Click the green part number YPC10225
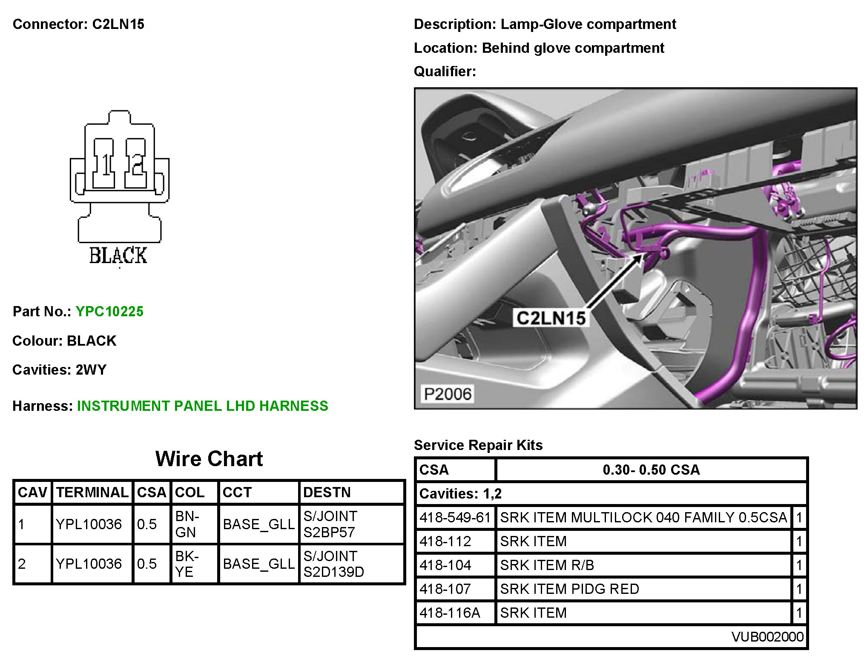tap(109, 312)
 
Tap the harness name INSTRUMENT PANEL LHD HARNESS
tap(202, 406)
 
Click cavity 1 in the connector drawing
tap(103, 164)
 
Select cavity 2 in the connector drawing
tap(136, 164)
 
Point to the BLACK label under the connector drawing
tap(118, 256)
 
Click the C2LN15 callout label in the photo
tap(551, 318)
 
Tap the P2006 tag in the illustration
tap(448, 394)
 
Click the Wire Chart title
tap(209, 459)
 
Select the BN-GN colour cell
tap(187, 524)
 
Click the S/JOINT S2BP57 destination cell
tap(330, 524)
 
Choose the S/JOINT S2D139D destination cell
tap(333, 564)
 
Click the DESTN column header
tap(327, 493)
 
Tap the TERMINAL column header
tap(92, 493)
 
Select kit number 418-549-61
tap(455, 517)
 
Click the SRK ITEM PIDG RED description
tap(569, 589)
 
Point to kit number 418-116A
tap(450, 613)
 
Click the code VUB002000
tap(767, 636)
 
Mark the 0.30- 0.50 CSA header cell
tap(651, 470)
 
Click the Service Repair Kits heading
tap(478, 445)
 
